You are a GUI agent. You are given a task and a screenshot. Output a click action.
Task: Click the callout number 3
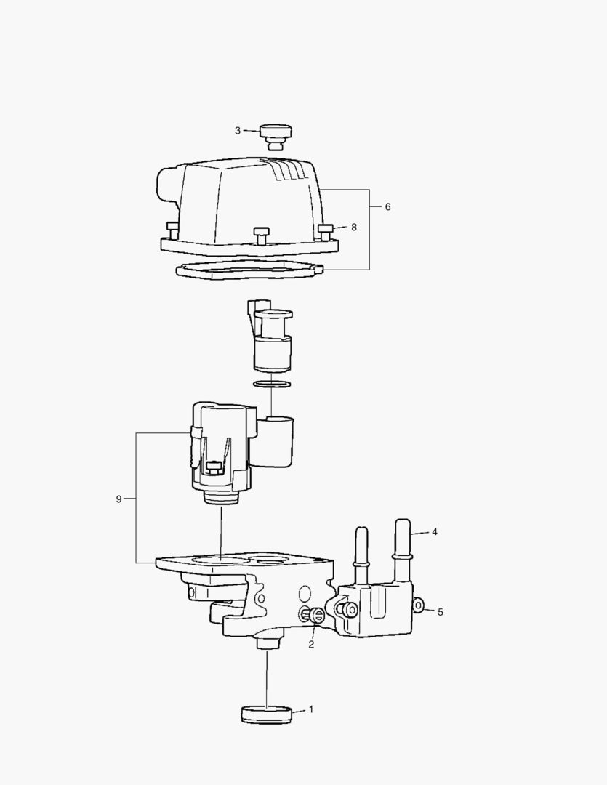tap(238, 131)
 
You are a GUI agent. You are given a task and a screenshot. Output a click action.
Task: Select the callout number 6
tap(387, 206)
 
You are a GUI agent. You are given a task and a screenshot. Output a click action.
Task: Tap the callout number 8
tap(354, 228)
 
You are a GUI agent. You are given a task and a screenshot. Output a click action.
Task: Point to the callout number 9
tap(118, 499)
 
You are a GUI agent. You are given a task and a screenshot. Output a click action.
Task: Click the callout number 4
tap(435, 531)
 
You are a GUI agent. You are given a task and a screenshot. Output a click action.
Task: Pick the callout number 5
tap(441, 612)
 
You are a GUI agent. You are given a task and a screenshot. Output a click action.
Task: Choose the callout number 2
tap(311, 644)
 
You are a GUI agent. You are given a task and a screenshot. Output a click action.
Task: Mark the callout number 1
tap(311, 709)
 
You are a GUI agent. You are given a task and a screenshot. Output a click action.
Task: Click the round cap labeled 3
tap(276, 136)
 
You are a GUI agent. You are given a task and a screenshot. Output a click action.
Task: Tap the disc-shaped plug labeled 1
tap(267, 714)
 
